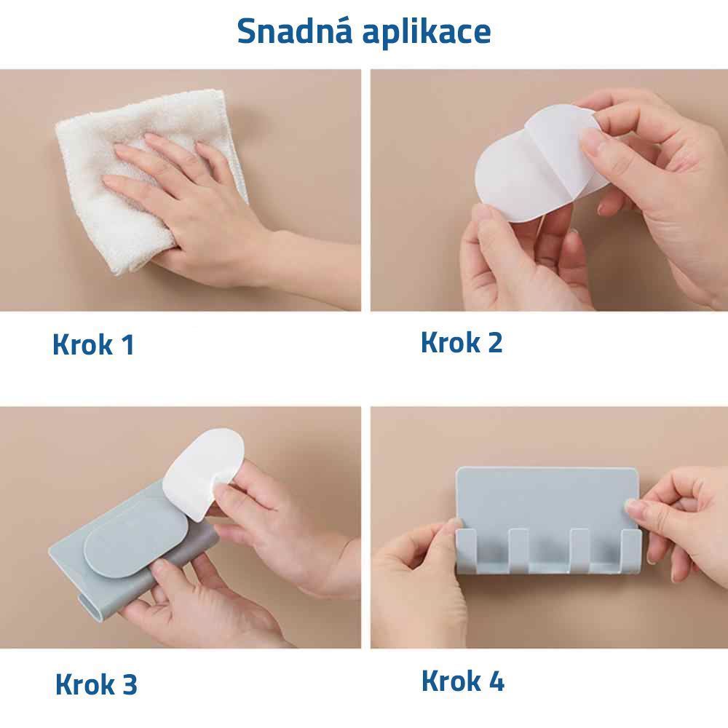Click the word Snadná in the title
coord(294,31)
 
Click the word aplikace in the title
coord(426,33)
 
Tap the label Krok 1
coord(93,344)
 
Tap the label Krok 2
coord(462,342)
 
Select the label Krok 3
coord(96,684)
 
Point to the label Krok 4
coord(463,681)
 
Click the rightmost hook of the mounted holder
coord(631,550)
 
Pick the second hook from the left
coord(518,550)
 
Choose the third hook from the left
coord(579,550)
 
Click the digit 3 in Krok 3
coord(130,684)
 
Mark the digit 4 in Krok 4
coord(496,681)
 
